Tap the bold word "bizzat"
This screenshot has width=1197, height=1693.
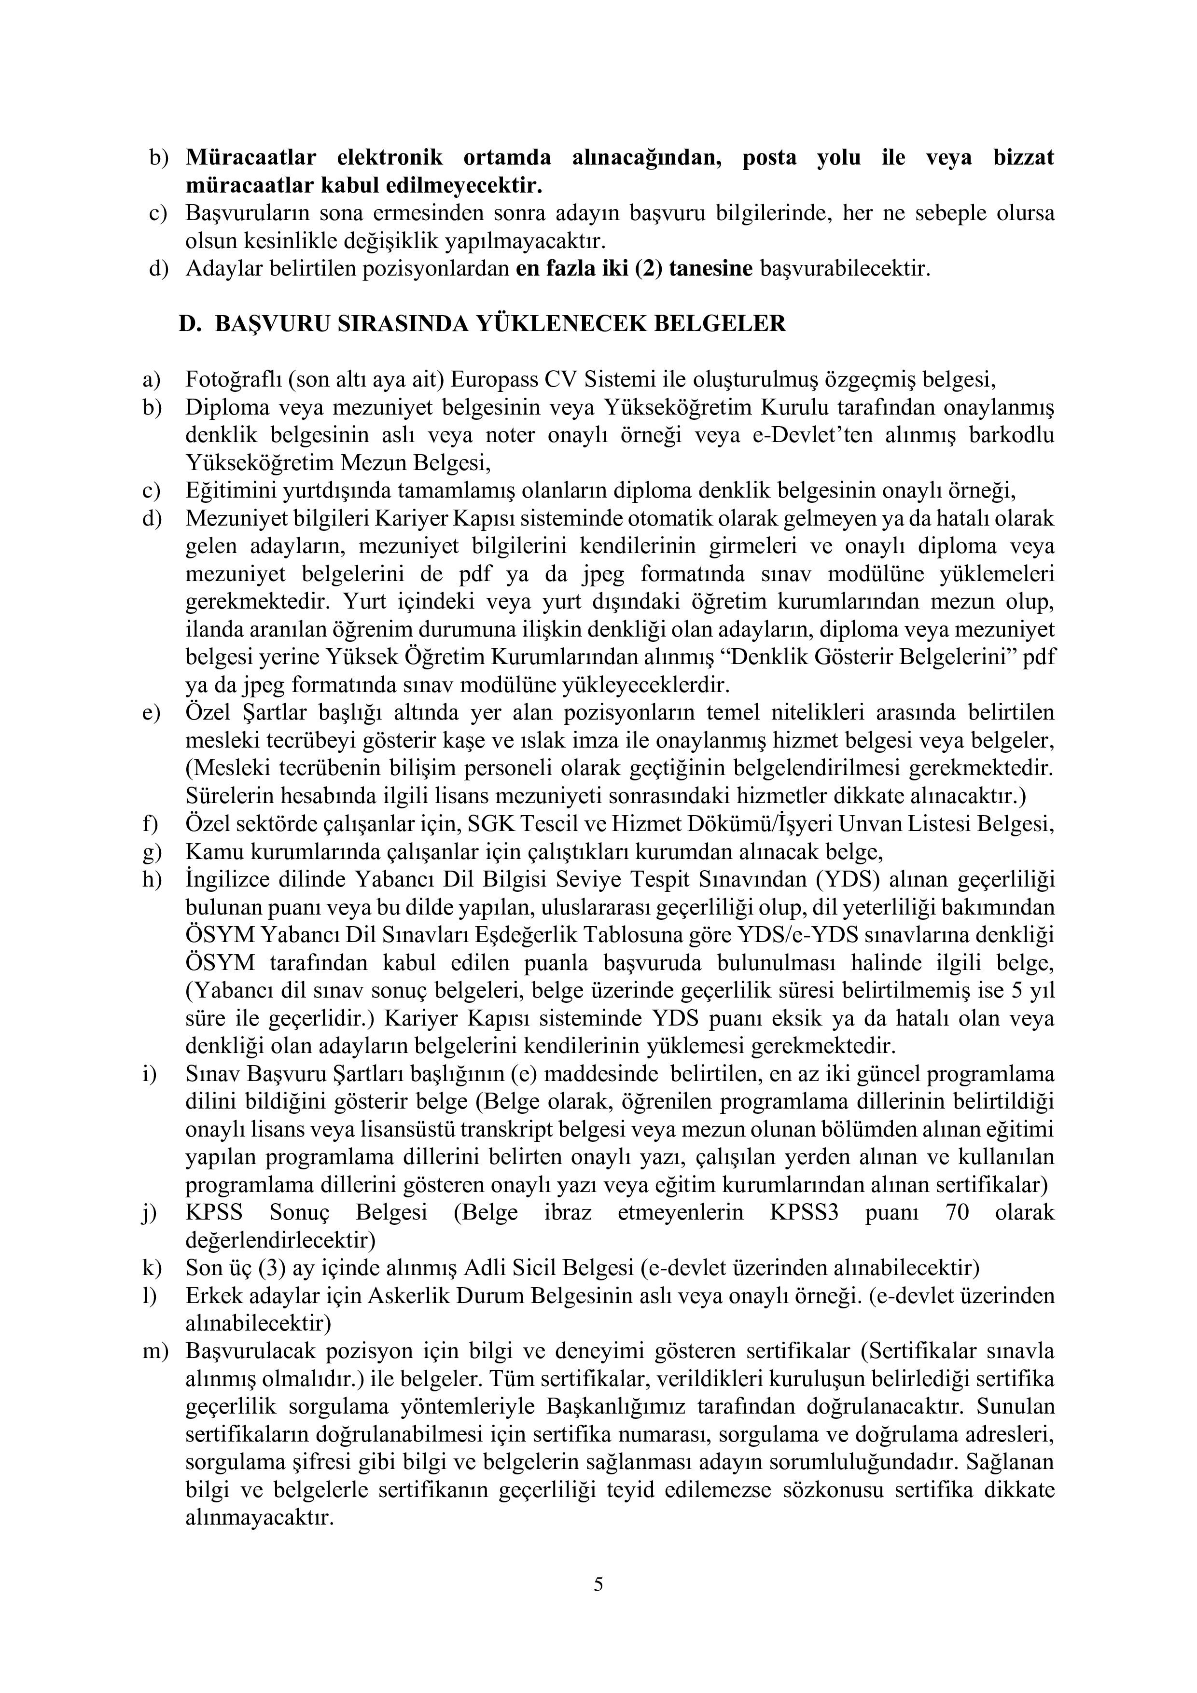click(x=1023, y=157)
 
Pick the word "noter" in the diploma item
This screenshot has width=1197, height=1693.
click(x=508, y=435)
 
